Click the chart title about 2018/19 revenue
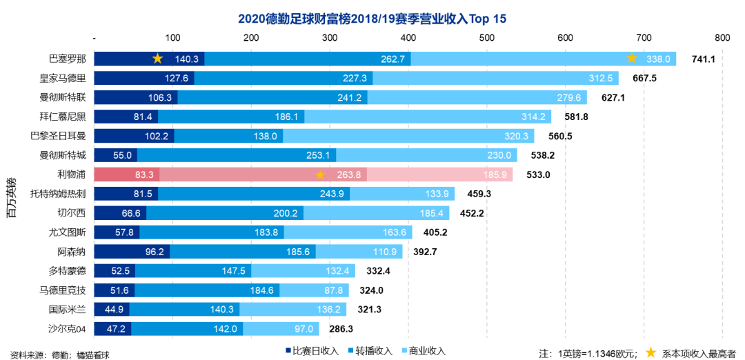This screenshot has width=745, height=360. tap(372, 18)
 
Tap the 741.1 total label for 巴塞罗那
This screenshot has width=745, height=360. tap(702, 59)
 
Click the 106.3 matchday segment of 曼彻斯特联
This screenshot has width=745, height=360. tap(135, 97)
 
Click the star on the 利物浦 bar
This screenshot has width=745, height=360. tap(320, 175)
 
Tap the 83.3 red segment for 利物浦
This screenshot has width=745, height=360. tap(127, 174)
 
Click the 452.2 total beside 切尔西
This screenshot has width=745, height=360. tap(472, 213)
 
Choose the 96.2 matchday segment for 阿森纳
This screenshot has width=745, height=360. tap(132, 252)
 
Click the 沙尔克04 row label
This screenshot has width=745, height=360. tap(67, 329)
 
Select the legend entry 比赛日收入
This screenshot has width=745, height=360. tap(311, 351)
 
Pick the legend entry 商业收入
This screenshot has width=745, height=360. tap(421, 351)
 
